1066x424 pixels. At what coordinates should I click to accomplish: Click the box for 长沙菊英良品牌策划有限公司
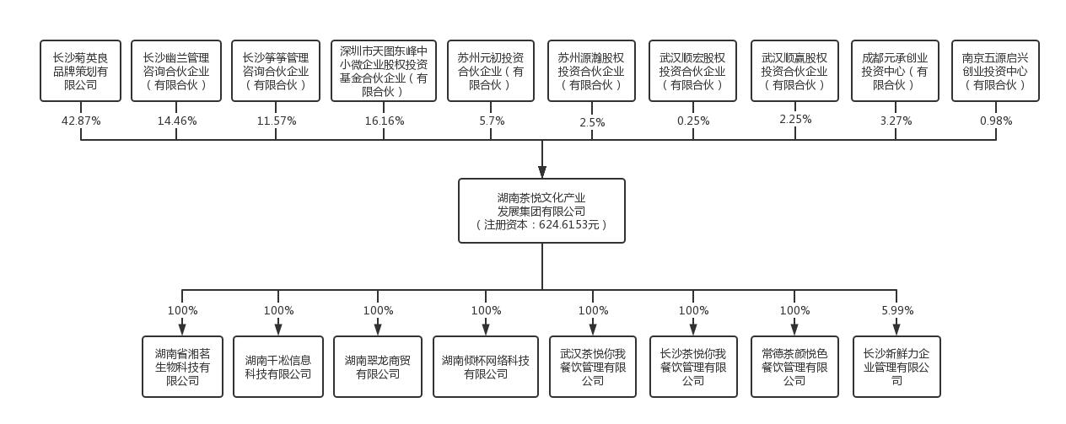click(81, 71)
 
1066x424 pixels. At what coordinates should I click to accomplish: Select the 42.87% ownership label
click(81, 121)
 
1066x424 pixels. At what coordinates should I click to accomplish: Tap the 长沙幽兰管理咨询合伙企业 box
click(176, 71)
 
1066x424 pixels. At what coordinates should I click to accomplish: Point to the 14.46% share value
click(177, 121)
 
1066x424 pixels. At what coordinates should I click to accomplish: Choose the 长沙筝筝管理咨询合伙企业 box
click(276, 71)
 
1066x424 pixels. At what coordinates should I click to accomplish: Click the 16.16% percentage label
click(385, 121)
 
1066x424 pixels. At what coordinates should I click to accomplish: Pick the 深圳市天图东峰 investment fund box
click(384, 71)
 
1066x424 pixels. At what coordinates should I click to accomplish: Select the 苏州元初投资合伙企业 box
click(491, 71)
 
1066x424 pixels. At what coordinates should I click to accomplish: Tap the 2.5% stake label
click(592, 122)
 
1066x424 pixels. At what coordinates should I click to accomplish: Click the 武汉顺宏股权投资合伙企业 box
click(692, 71)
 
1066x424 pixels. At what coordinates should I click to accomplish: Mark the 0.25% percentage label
click(692, 121)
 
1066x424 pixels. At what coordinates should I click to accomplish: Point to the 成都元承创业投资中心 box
click(895, 71)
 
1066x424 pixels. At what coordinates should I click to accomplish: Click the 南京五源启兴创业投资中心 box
click(995, 71)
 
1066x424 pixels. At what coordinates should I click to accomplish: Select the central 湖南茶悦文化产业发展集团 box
click(541, 210)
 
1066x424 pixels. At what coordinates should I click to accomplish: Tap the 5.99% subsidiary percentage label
click(897, 310)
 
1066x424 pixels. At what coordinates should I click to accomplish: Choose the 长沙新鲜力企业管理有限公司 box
click(896, 367)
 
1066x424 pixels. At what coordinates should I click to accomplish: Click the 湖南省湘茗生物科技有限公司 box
click(183, 367)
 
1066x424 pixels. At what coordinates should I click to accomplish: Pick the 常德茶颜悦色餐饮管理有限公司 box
click(794, 367)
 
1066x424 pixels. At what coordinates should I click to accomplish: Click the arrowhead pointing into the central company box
click(541, 171)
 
